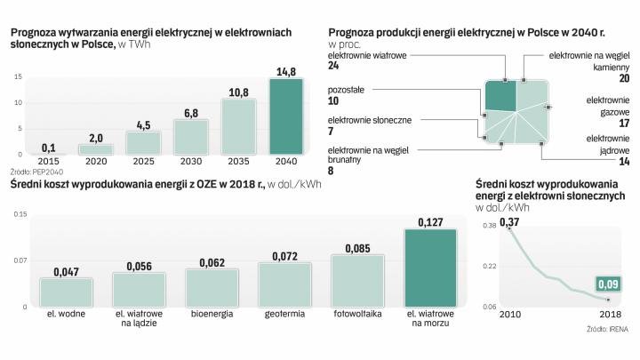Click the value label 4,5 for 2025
point(144,124)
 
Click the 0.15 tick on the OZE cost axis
point(20,213)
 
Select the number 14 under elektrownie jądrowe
point(624,162)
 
